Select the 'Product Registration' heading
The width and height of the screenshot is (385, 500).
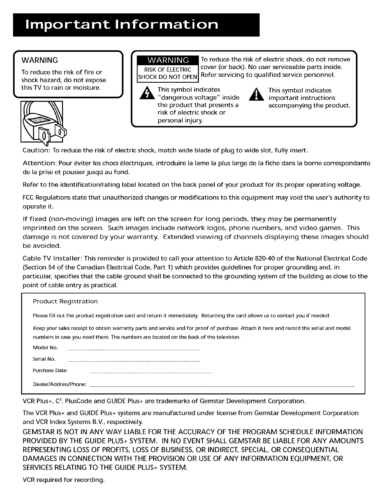click(65, 301)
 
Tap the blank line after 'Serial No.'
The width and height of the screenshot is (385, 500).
click(134, 361)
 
